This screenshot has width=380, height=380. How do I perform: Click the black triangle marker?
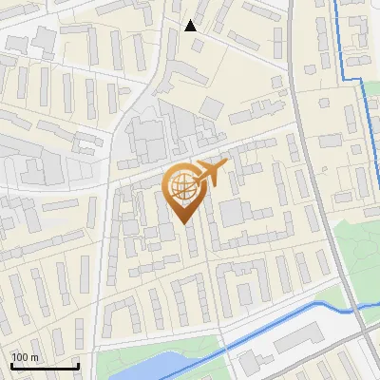tap(191, 26)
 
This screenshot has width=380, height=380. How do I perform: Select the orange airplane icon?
tap(211, 174)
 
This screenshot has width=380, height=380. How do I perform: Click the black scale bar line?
tap(44, 367)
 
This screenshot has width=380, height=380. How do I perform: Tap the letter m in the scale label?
tap(35, 357)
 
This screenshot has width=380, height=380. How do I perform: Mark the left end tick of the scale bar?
tap(10, 365)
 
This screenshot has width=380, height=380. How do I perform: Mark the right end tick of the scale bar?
tap(78, 365)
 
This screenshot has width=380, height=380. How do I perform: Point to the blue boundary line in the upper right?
tap(338, 38)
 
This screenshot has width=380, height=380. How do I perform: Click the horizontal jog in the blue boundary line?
tap(353, 78)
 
